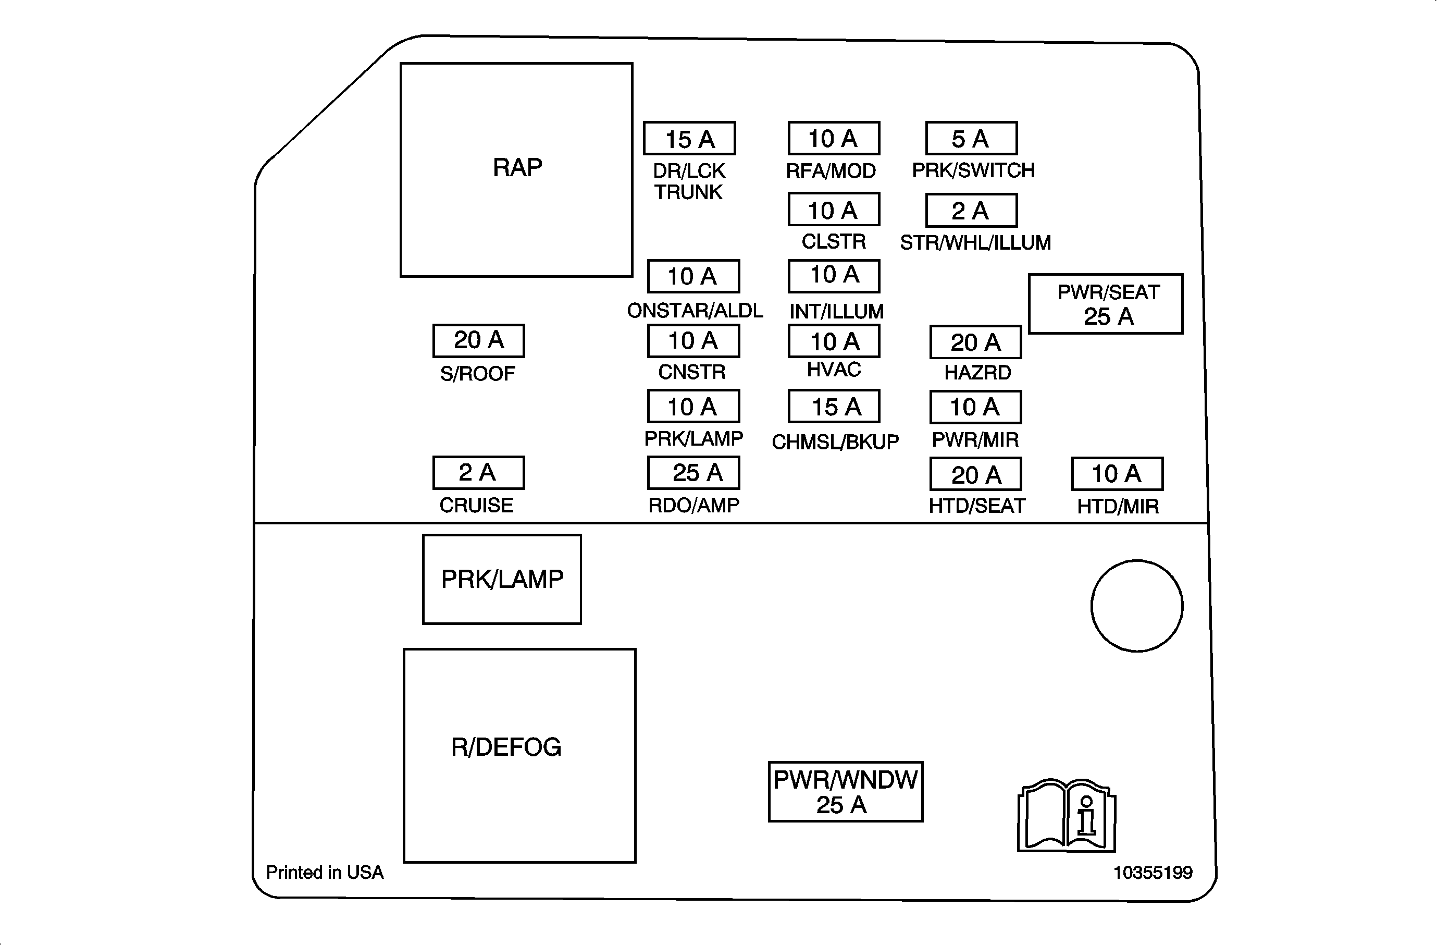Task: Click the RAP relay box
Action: pos(516,170)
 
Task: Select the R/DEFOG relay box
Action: pos(519,755)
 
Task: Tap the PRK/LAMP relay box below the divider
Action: pos(502,579)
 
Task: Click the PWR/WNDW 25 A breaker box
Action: pos(845,792)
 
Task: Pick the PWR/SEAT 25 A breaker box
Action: pos(1106,304)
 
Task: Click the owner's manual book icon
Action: pos(1066,815)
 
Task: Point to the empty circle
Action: pos(1137,606)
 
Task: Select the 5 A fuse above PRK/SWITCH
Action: pos(972,138)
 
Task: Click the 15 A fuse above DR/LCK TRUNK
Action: pos(689,138)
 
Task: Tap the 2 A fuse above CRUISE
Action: pos(478,473)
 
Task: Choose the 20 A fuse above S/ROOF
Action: pos(478,340)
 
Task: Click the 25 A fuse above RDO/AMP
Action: pos(693,473)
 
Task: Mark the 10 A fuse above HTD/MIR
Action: pos(1117,474)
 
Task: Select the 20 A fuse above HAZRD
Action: pos(976,342)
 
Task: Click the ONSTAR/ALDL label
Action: pos(695,310)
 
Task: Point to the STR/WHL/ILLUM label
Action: pos(975,243)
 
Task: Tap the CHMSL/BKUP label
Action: pos(835,442)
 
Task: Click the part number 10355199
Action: pos(1153,873)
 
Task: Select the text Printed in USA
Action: pos(325,873)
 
